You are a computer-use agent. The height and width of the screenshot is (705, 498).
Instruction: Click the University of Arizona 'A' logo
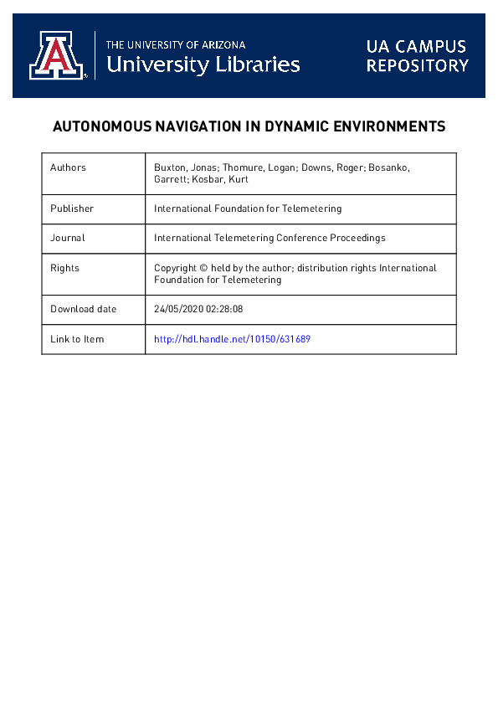pyautogui.click(x=58, y=55)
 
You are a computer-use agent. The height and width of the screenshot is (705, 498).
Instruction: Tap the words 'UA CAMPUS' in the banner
pyautogui.click(x=416, y=46)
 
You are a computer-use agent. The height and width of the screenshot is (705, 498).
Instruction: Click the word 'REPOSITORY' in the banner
pyautogui.click(x=417, y=65)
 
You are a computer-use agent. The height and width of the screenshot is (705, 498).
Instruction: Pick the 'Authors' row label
pyautogui.click(x=68, y=167)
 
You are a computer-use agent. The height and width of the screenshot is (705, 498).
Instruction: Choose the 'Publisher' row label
pyautogui.click(x=72, y=208)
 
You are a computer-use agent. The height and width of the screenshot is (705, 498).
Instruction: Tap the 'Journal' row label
pyautogui.click(x=68, y=238)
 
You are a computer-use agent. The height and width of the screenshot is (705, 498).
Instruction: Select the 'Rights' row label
pyautogui.click(x=64, y=268)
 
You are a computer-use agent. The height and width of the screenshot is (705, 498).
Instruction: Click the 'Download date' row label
pyautogui.click(x=83, y=309)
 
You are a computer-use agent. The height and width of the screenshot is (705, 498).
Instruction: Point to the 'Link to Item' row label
pyautogui.click(x=77, y=339)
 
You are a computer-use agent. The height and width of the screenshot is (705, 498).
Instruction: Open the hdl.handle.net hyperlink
pyautogui.click(x=233, y=339)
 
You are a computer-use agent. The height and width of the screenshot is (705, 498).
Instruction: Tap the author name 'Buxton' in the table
pyautogui.click(x=171, y=167)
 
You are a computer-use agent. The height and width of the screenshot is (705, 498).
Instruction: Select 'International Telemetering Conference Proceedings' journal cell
pyautogui.click(x=270, y=238)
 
